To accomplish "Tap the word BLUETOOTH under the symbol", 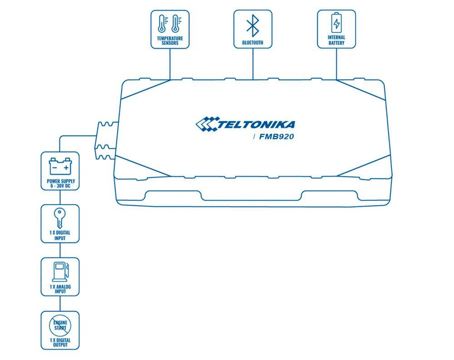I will coord(253,43).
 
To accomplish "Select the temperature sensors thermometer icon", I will coord(170,24).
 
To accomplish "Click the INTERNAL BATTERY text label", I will coord(336,40).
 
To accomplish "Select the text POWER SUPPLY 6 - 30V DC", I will coord(60,184).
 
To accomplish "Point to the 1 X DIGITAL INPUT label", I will coord(60,236).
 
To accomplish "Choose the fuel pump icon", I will coord(60,271).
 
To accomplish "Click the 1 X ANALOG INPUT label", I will coord(60,289).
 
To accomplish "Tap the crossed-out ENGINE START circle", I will coord(60,325).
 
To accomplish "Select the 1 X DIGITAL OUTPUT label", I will coord(60,342).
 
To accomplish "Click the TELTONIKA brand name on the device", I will coord(257,124).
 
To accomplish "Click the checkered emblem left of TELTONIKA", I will coord(207,124).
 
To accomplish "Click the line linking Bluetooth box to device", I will coord(252,64).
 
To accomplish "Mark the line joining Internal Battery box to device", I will coord(336,64).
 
